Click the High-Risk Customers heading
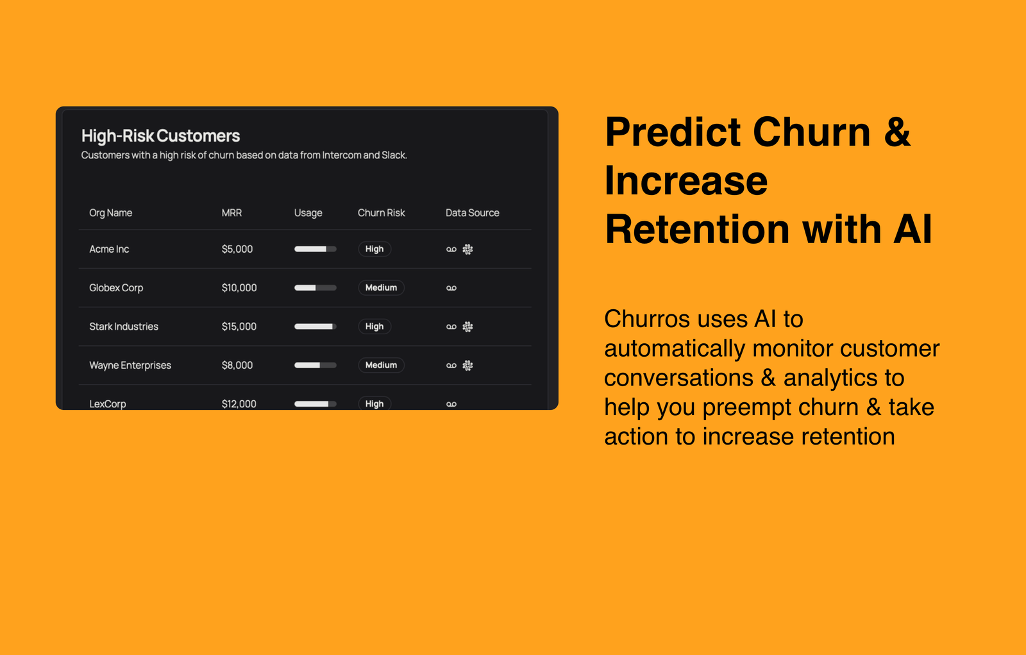point(160,135)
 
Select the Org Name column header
point(110,213)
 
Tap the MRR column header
point(231,213)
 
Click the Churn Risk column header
point(381,213)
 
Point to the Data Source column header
point(472,213)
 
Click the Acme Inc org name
point(109,249)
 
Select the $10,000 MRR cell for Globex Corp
point(239,288)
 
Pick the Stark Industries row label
point(124,327)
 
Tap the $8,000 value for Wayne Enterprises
point(237,365)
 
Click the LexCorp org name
point(108,404)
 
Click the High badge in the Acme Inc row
point(374,249)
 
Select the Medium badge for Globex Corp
point(381,288)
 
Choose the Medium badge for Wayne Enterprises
point(381,365)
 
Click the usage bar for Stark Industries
point(315,327)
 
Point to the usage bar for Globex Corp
point(315,288)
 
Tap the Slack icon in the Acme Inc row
point(467,250)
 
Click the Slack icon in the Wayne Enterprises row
point(467,365)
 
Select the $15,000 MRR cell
point(239,327)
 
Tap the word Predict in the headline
point(673,132)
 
